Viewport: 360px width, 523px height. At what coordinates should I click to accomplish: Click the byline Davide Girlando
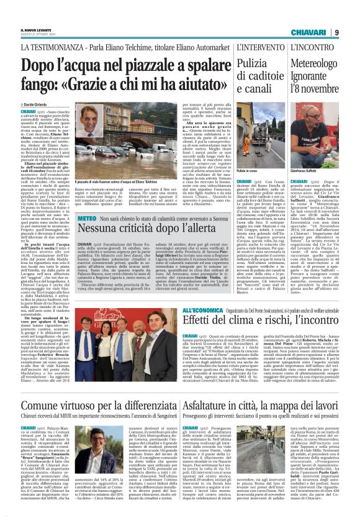click(x=39, y=105)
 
